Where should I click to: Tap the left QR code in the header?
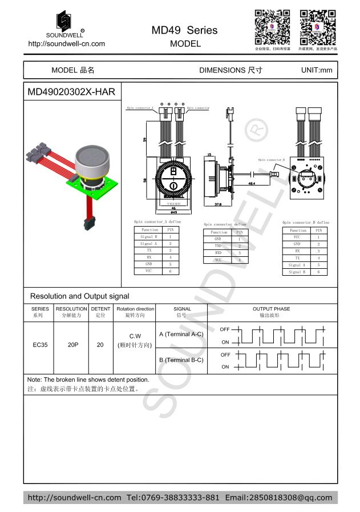pyautogui.click(x=272, y=27)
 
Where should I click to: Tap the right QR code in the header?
pyautogui.click(x=318, y=27)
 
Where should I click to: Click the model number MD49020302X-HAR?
pyautogui.click(x=71, y=92)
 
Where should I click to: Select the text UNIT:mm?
pyautogui.click(x=316, y=70)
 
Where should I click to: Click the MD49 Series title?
pyautogui.click(x=184, y=30)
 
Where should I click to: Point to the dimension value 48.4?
pyautogui.click(x=252, y=184)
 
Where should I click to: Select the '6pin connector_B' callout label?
pyautogui.click(x=272, y=160)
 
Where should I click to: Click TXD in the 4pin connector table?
pyautogui.click(x=218, y=245)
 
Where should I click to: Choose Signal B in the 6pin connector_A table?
pyautogui.click(x=149, y=236)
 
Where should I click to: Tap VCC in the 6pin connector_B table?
pyautogui.click(x=297, y=237)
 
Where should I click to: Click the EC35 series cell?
pyautogui.click(x=38, y=345)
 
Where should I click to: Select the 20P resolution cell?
pyautogui.click(x=73, y=345)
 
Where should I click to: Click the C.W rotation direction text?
pyautogui.click(x=135, y=336)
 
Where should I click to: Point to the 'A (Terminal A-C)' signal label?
pyautogui.click(x=181, y=334)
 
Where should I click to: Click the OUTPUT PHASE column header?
pyautogui.click(x=271, y=309)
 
